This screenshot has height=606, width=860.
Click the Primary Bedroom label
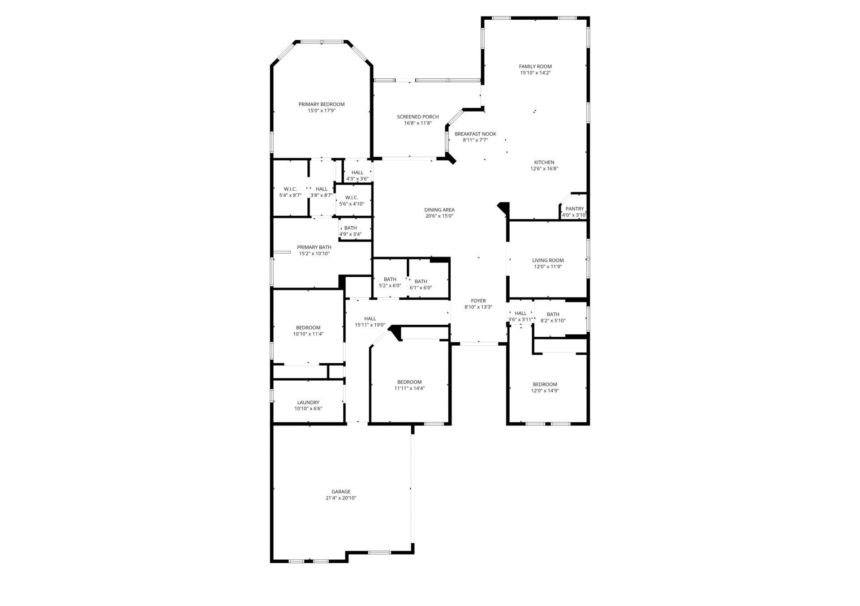[x=321, y=104]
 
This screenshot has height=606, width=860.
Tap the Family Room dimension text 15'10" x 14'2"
[x=535, y=73]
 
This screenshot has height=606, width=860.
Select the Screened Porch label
[x=417, y=117]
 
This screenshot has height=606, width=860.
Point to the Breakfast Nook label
[x=475, y=134]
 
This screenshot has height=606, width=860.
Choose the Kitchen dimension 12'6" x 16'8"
[x=544, y=169]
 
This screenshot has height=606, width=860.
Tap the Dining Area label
[x=439, y=210]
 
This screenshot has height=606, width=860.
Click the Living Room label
[x=547, y=260]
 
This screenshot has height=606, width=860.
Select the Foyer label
[x=478, y=301]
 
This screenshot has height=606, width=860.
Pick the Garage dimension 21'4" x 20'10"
[x=340, y=498]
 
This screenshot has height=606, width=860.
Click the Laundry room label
[x=308, y=402]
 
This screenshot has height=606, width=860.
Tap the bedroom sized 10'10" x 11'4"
[x=308, y=331]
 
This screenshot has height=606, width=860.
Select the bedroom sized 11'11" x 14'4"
[x=409, y=385]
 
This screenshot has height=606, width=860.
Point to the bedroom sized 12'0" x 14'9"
[x=545, y=387]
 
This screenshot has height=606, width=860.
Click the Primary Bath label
[x=314, y=247]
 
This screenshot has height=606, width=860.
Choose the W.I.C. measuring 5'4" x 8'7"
[x=290, y=192]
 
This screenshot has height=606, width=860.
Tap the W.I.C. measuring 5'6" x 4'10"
[x=351, y=201]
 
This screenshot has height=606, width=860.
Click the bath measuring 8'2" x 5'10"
[x=553, y=317]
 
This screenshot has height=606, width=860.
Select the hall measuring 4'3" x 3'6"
[x=357, y=176]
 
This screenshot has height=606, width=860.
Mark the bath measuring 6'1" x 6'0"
[x=420, y=284]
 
